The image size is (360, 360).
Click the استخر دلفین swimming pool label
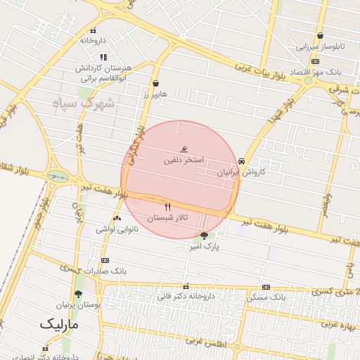(x=184, y=160)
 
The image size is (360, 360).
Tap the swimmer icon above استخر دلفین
(x=184, y=148)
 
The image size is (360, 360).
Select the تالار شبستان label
(x=167, y=218)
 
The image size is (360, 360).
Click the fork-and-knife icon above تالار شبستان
(x=167, y=207)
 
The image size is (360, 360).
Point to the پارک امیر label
(x=207, y=247)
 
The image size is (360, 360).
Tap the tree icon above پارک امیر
(x=205, y=236)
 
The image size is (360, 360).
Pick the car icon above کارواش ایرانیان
(x=242, y=160)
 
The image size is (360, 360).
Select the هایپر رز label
(x=155, y=94)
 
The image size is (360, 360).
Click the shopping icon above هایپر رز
(x=155, y=82)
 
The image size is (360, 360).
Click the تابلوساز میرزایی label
(x=320, y=48)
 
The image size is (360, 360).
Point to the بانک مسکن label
(x=266, y=298)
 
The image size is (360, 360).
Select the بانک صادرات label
(x=104, y=271)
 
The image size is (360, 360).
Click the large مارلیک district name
(x=60, y=325)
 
